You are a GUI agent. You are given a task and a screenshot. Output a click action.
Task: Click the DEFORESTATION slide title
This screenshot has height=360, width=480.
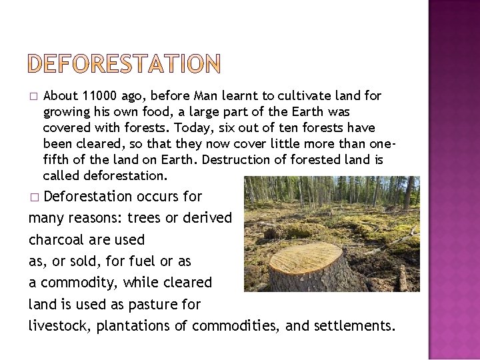coord(125,63)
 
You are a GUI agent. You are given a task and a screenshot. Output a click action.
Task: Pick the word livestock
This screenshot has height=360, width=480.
coord(59,325)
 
